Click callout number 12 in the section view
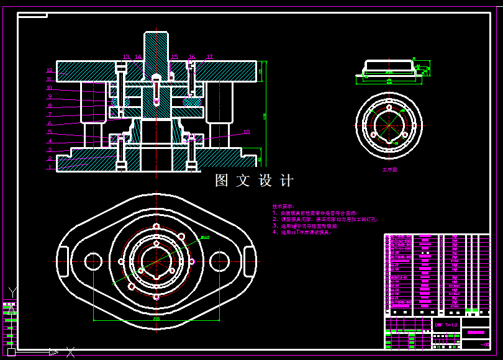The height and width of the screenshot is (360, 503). (x=50, y=71)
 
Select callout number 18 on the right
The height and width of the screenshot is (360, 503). (x=247, y=132)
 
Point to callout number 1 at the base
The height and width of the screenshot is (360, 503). (x=50, y=167)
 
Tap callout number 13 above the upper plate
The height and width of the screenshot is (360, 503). (x=126, y=57)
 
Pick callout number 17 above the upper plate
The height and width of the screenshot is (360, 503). (x=209, y=57)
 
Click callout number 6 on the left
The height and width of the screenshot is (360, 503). (x=50, y=124)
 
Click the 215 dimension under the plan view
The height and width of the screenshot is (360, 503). (x=156, y=318)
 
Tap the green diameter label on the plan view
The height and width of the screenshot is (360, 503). (x=205, y=237)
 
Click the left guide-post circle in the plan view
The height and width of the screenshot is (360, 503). (x=93, y=261)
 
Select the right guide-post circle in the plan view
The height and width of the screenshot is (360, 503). (x=219, y=261)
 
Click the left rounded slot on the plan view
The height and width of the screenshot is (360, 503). (x=63, y=262)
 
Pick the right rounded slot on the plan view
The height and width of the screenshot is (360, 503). (x=250, y=262)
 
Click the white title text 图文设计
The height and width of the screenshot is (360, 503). (x=254, y=181)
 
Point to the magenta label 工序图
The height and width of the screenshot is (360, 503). (x=389, y=168)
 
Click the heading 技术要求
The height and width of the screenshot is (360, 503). (x=284, y=207)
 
